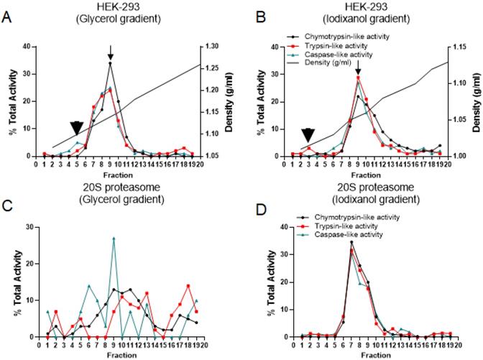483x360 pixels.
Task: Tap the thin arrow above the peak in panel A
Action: tap(110, 52)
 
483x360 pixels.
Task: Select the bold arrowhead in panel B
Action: tap(308, 135)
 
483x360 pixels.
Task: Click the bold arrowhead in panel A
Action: tap(76, 127)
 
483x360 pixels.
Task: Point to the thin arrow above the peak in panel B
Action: tap(358, 66)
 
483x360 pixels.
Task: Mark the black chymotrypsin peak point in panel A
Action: tap(110, 63)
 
